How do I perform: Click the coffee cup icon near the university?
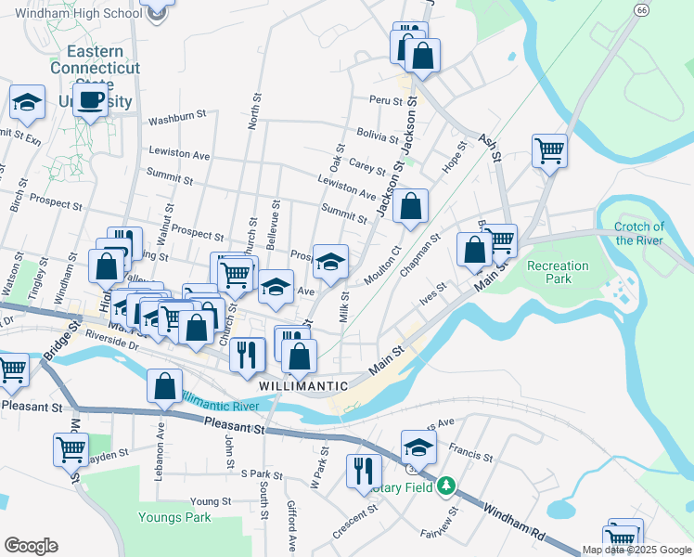pyautogui.click(x=90, y=100)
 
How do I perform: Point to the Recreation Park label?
pyautogui.click(x=558, y=273)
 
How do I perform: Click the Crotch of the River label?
pyautogui.click(x=639, y=233)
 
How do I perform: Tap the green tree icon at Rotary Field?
pyautogui.click(x=446, y=486)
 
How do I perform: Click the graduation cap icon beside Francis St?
pyautogui.click(x=418, y=447)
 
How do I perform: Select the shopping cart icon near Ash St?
pyautogui.click(x=549, y=150)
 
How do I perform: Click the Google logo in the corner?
pyautogui.click(x=31, y=546)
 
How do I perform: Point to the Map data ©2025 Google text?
pyautogui.click(x=636, y=550)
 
